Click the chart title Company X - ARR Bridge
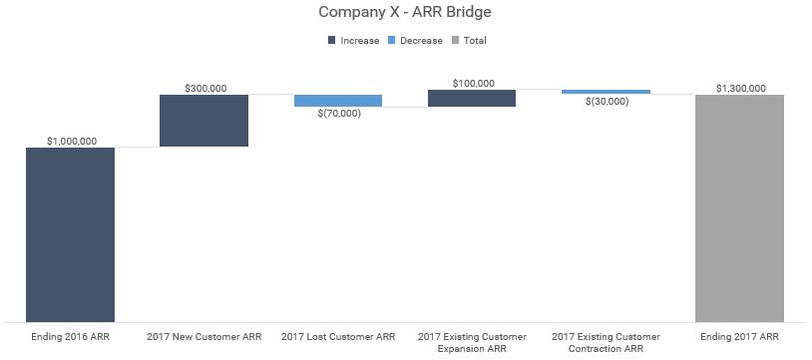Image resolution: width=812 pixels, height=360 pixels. point(405,13)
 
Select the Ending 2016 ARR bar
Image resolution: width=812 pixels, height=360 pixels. point(70,234)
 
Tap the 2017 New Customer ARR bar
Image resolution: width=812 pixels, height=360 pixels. point(203,121)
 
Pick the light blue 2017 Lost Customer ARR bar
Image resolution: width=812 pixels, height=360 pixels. point(337,101)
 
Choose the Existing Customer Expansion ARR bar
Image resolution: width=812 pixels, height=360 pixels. point(471,98)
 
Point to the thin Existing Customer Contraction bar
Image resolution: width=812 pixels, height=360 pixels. point(606,92)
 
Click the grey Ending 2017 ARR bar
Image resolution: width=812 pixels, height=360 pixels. point(739,207)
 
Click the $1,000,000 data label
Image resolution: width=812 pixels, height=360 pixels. point(70,141)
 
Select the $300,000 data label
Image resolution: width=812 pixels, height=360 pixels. point(205,88)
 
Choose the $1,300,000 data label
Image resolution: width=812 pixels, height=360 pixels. point(740,88)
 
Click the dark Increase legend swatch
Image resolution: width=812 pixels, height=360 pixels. point(331,41)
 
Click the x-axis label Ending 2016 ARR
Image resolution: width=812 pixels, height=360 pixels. point(70,337)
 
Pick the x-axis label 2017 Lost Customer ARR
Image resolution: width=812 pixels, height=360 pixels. point(338,337)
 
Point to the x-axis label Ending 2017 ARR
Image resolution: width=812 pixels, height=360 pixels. point(740,337)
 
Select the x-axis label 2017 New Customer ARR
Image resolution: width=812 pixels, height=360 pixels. point(203,337)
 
